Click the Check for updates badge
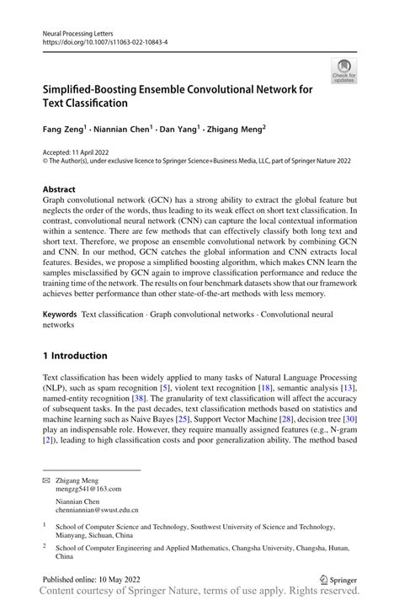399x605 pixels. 343,71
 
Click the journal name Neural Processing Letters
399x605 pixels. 80,29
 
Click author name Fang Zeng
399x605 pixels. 64,130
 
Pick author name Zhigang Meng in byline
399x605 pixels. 236,130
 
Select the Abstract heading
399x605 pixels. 59,190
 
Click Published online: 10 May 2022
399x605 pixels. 91,579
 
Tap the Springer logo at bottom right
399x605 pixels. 338,579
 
